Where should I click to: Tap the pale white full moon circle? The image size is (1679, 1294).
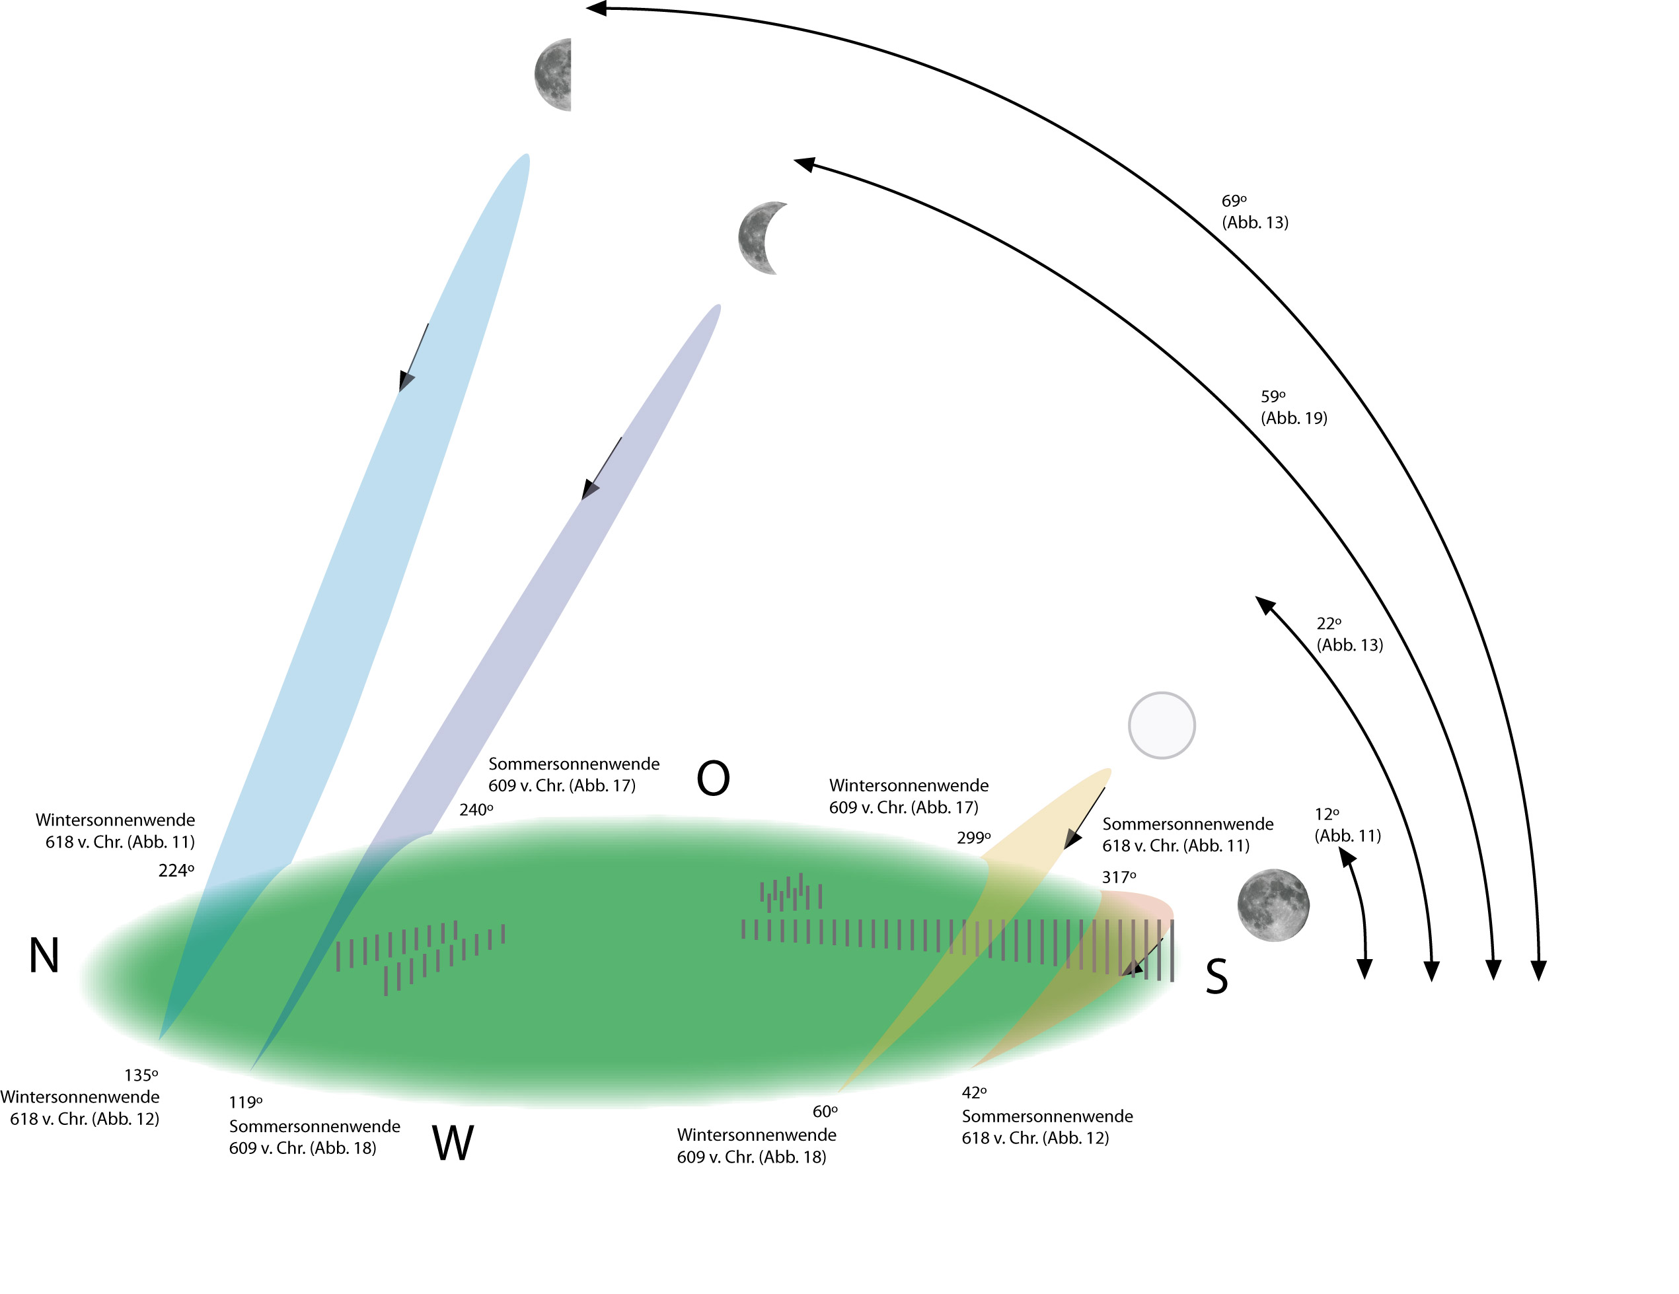[x=1161, y=725]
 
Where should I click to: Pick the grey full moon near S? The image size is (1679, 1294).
[x=1273, y=904]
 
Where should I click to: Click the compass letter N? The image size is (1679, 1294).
[x=44, y=956]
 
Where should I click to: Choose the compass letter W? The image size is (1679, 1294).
[x=453, y=1143]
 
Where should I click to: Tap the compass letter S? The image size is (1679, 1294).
[x=1216, y=977]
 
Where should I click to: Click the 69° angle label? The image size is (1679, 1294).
[x=1234, y=201]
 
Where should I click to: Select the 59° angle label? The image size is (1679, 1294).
[x=1273, y=397]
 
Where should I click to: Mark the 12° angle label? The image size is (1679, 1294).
[x=1327, y=814]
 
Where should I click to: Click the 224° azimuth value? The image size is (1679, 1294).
[x=176, y=871]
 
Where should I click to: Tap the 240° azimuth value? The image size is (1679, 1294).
[x=476, y=810]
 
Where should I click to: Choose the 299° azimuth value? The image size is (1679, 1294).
[x=973, y=838]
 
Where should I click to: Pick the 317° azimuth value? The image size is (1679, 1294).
[x=1119, y=877]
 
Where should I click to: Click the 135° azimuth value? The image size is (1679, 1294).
[x=141, y=1075]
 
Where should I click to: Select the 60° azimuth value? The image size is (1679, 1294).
[x=825, y=1112]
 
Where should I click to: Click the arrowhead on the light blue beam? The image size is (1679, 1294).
[x=406, y=380]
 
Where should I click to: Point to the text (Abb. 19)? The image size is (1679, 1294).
[x=1294, y=418]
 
